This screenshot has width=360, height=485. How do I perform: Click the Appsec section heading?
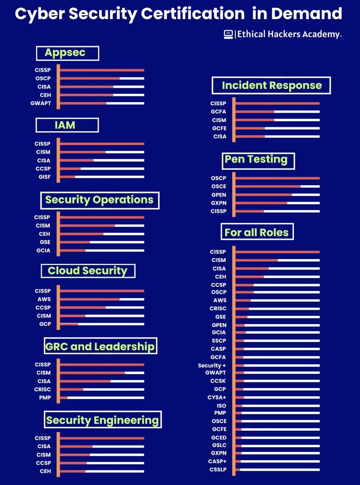coord(67,53)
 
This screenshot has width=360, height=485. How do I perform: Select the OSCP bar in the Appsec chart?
coord(102,78)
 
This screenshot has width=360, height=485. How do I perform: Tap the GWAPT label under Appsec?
coord(41,103)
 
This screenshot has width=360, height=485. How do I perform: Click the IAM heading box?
coord(67,125)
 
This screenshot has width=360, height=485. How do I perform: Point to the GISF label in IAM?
coord(44,177)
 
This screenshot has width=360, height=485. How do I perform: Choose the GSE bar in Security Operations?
coord(102,242)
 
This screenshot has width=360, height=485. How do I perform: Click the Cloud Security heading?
coord(88,271)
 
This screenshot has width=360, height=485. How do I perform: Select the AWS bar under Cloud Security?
coord(102,299)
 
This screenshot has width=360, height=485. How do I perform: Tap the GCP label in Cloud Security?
coord(45,324)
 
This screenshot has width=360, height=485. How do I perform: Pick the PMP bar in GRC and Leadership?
coord(102,398)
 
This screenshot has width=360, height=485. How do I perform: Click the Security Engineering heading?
coord(103,420)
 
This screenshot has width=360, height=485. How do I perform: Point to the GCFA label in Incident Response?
coord(218,112)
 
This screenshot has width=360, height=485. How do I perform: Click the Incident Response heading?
coord(271,85)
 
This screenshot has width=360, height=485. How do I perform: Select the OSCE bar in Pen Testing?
coord(277,186)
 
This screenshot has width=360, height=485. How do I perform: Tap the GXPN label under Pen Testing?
coord(218,203)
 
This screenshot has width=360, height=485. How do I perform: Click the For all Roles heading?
coord(257,232)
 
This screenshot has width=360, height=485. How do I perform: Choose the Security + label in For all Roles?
coord(212,365)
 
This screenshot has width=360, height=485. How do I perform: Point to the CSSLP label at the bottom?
coord(218,469)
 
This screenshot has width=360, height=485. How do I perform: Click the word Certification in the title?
coord(199,14)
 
